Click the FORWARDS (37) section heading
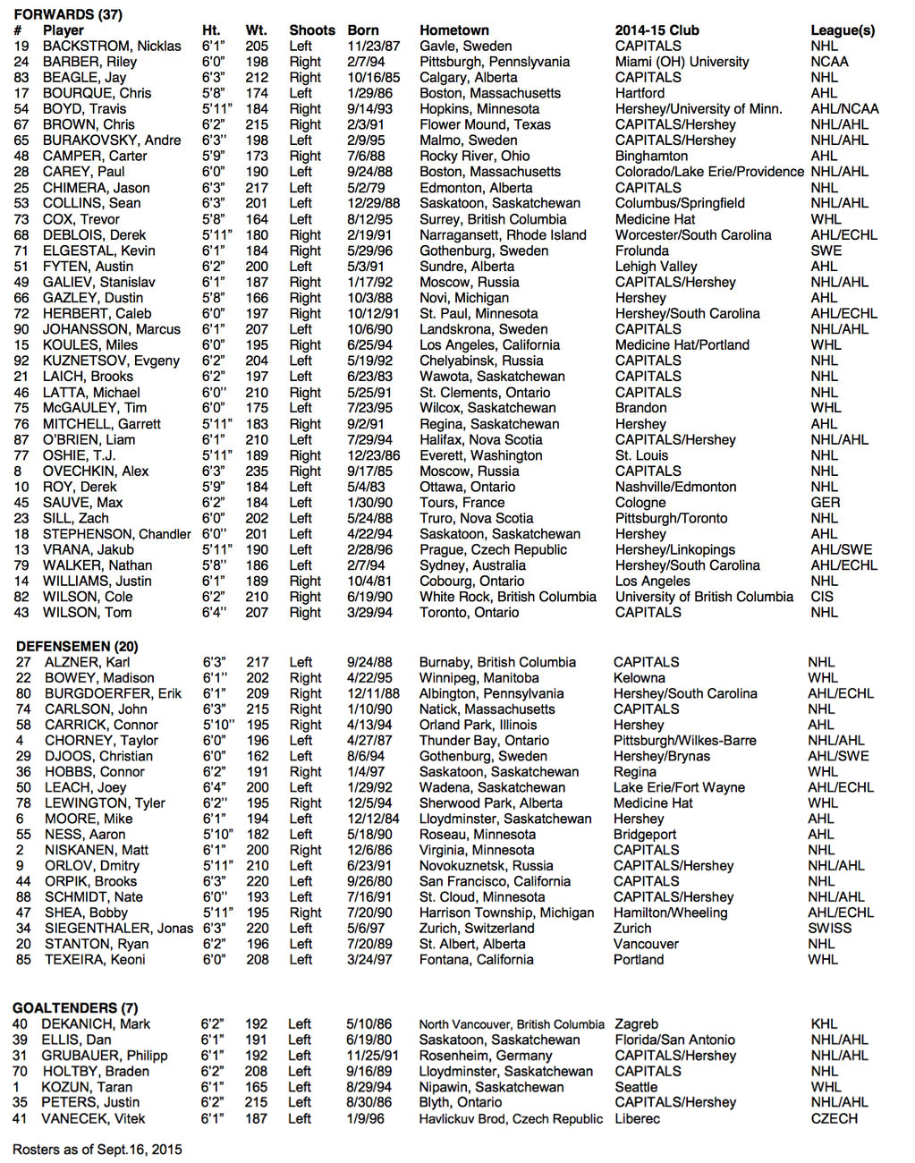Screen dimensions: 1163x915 pyautogui.click(x=68, y=14)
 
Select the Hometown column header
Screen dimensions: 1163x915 pyautogui.click(x=453, y=30)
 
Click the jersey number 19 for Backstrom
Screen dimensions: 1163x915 pyautogui.click(x=21, y=47)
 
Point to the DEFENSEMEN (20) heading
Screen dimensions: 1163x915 pyautogui.click(x=77, y=647)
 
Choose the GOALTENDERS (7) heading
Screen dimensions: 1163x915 pyautogui.click(x=75, y=1008)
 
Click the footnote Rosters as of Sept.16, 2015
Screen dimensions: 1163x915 pyautogui.click(x=97, y=1150)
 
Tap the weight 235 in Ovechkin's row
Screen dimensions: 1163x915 pyautogui.click(x=257, y=471)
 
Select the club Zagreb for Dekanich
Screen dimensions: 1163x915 pyautogui.click(x=636, y=1024)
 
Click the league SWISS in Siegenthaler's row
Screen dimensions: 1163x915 pyautogui.click(x=829, y=929)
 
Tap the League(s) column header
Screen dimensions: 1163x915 pyautogui.click(x=842, y=30)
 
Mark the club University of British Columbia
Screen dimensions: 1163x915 pyautogui.click(x=704, y=597)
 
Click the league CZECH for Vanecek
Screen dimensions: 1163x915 pyautogui.click(x=834, y=1119)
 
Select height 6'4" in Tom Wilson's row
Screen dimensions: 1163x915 pyautogui.click(x=214, y=613)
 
